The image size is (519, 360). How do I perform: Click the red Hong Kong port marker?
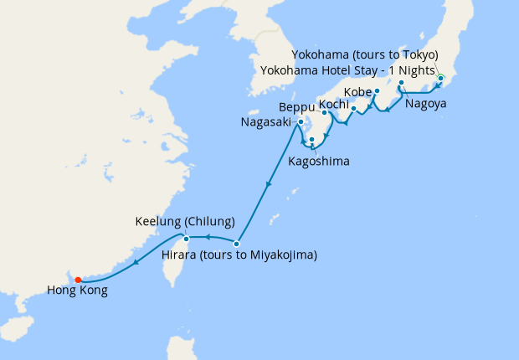77,280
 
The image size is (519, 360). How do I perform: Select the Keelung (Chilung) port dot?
188,239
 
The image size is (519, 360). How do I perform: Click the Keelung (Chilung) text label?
184,223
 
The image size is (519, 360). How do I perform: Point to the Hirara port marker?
237,244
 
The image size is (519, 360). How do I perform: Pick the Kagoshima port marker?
311,140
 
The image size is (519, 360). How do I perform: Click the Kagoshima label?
318,160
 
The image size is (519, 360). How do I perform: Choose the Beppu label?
296,107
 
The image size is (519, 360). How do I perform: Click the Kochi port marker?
353,108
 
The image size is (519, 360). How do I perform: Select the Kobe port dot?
378,90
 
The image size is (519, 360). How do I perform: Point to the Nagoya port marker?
402,83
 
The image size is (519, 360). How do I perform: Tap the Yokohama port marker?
440,79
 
